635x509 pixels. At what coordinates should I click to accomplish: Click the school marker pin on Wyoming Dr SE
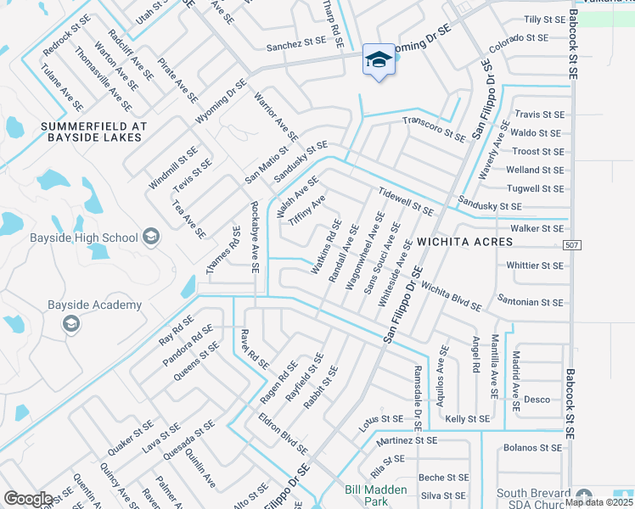point(379,60)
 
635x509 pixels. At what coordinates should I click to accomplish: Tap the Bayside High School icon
point(151,236)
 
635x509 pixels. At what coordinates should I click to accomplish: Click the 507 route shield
point(572,244)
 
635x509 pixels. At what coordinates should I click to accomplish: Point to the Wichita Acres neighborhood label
point(464,242)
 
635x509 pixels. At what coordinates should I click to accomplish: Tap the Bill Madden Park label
point(376,495)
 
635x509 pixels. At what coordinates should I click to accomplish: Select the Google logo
point(29,499)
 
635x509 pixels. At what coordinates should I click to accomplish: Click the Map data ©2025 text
point(598,501)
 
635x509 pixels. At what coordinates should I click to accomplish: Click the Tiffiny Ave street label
point(306,210)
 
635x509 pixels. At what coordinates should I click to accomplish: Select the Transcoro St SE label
point(433,129)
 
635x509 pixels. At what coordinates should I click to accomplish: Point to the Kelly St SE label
point(468,419)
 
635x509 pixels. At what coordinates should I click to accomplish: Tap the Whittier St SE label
point(535,266)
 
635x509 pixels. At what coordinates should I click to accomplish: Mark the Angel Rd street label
point(475,352)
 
